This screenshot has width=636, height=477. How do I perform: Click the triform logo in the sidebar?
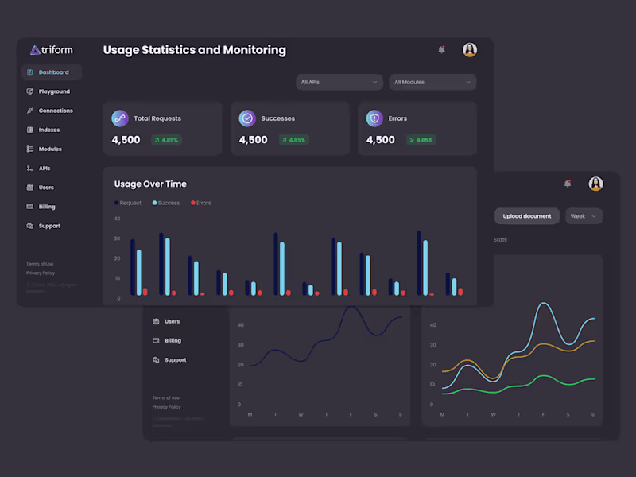[51, 50]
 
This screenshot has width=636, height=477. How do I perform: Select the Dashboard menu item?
[52, 72]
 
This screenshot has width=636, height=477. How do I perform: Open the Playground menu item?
[53, 91]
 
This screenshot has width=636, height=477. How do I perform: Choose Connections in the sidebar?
[55, 111]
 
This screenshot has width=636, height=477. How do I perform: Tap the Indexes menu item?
[48, 130]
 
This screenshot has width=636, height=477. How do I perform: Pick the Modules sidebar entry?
[49, 149]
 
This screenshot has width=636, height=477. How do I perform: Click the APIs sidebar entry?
[44, 169]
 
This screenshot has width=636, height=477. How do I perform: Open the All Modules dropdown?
[432, 82]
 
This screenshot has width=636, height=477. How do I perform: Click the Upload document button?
[527, 216]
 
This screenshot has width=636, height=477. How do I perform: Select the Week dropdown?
[584, 216]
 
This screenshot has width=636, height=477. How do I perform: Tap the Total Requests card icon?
[120, 118]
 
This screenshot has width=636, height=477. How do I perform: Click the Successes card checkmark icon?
[247, 118]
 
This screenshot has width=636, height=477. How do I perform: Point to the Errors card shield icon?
[374, 118]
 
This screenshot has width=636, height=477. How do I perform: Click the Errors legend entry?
[201, 203]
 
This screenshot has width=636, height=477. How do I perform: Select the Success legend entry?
[166, 203]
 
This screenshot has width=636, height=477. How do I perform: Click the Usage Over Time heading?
[150, 184]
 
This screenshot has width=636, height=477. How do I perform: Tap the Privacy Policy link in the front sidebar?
[41, 273]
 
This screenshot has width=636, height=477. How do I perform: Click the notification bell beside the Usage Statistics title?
[441, 50]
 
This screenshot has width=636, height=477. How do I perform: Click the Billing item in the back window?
[173, 340]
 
